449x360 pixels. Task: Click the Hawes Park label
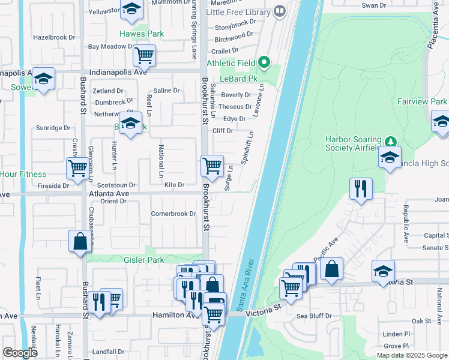[142, 34]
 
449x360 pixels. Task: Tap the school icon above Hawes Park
[132, 10]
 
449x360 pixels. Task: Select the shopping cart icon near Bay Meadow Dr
[144, 55]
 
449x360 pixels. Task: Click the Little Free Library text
[238, 11]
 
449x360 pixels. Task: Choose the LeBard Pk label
[238, 79]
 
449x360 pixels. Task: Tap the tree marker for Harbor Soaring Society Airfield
[391, 142]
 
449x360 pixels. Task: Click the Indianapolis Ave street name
[118, 72]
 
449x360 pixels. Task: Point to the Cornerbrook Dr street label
[173, 214]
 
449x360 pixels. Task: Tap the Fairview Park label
[422, 102]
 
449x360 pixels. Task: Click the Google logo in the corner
[20, 352]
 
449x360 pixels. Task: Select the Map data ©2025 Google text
[411, 355]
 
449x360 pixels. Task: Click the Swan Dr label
[373, 5]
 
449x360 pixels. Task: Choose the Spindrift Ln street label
[246, 146]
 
